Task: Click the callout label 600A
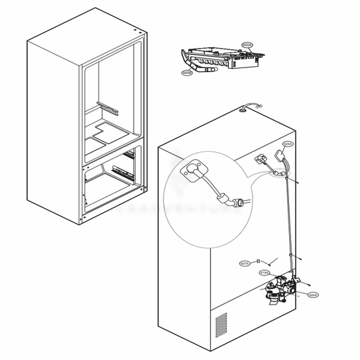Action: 247,46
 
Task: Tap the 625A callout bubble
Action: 287,145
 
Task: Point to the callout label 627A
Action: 245,263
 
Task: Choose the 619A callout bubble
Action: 265,272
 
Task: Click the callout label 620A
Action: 312,294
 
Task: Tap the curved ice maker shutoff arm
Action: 201,66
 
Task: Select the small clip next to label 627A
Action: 270,260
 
